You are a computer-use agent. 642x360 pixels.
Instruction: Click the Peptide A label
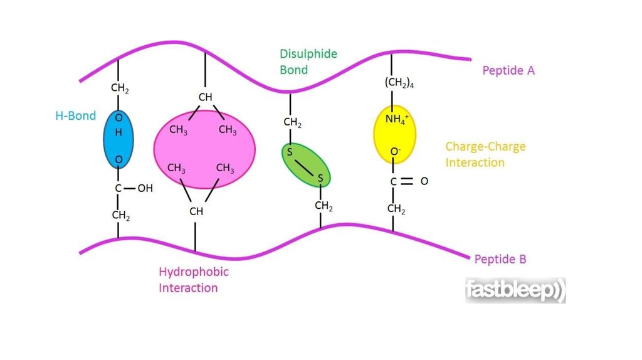coord(508,71)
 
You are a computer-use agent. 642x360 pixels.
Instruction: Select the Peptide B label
coord(500,259)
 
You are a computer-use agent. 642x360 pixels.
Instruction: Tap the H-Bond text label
coord(76,116)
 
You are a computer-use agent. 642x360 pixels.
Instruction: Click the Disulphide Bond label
coord(308,62)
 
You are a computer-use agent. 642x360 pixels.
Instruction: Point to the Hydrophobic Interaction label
coord(194,280)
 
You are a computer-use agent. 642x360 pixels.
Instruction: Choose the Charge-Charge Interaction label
coord(486,154)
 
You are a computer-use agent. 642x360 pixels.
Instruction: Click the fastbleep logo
coord(515,290)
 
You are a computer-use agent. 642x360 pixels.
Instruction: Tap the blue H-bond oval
coord(118,139)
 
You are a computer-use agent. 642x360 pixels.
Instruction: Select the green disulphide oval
coord(306,165)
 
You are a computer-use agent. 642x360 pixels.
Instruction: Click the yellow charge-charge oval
coord(395,134)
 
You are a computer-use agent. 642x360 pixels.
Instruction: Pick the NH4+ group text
coord(397,119)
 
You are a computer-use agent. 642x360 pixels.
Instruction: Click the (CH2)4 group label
coord(399,83)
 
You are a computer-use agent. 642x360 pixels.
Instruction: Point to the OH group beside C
coord(145,188)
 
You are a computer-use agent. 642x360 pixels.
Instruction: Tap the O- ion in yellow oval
coord(395,152)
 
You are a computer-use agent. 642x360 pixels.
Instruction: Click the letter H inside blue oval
coord(118,133)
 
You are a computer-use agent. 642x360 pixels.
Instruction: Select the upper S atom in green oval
coord(290,152)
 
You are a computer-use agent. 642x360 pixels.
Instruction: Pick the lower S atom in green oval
coord(320,178)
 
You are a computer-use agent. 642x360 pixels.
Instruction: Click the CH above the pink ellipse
coord(205,97)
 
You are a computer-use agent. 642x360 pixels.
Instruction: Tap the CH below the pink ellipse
coord(196,211)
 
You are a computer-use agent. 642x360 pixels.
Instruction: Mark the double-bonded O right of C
coord(424,181)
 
